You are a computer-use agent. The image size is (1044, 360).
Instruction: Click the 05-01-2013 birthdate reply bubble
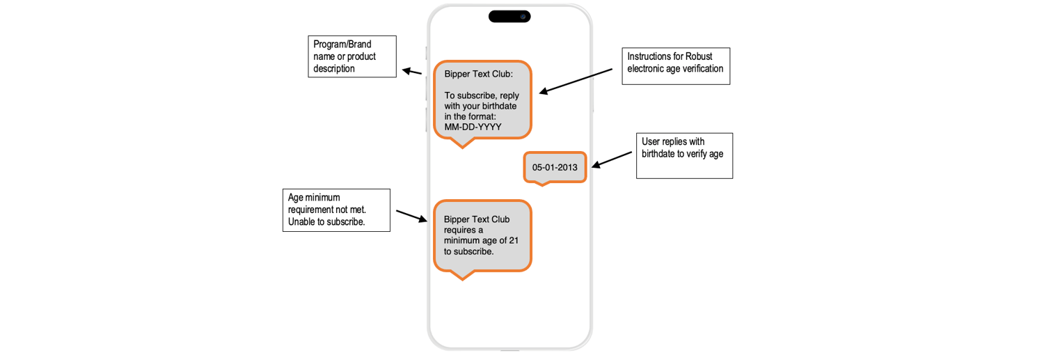555,167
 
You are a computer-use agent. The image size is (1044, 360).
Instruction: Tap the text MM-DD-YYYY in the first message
473,127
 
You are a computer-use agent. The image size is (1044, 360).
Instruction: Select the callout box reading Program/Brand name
352,56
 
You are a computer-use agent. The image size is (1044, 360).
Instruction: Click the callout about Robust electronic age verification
675,66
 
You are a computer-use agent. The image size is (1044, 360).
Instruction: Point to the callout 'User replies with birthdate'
684,155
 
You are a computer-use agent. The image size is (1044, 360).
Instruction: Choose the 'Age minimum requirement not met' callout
336,210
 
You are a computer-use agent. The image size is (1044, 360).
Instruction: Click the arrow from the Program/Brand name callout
413,71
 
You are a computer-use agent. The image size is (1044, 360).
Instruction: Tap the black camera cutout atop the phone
509,16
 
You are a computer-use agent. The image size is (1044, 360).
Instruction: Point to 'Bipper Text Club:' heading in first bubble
478,74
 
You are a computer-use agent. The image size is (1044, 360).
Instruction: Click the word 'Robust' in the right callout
699,56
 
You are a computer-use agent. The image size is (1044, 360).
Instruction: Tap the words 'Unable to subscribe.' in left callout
326,222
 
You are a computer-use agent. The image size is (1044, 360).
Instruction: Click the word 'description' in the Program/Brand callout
334,68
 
